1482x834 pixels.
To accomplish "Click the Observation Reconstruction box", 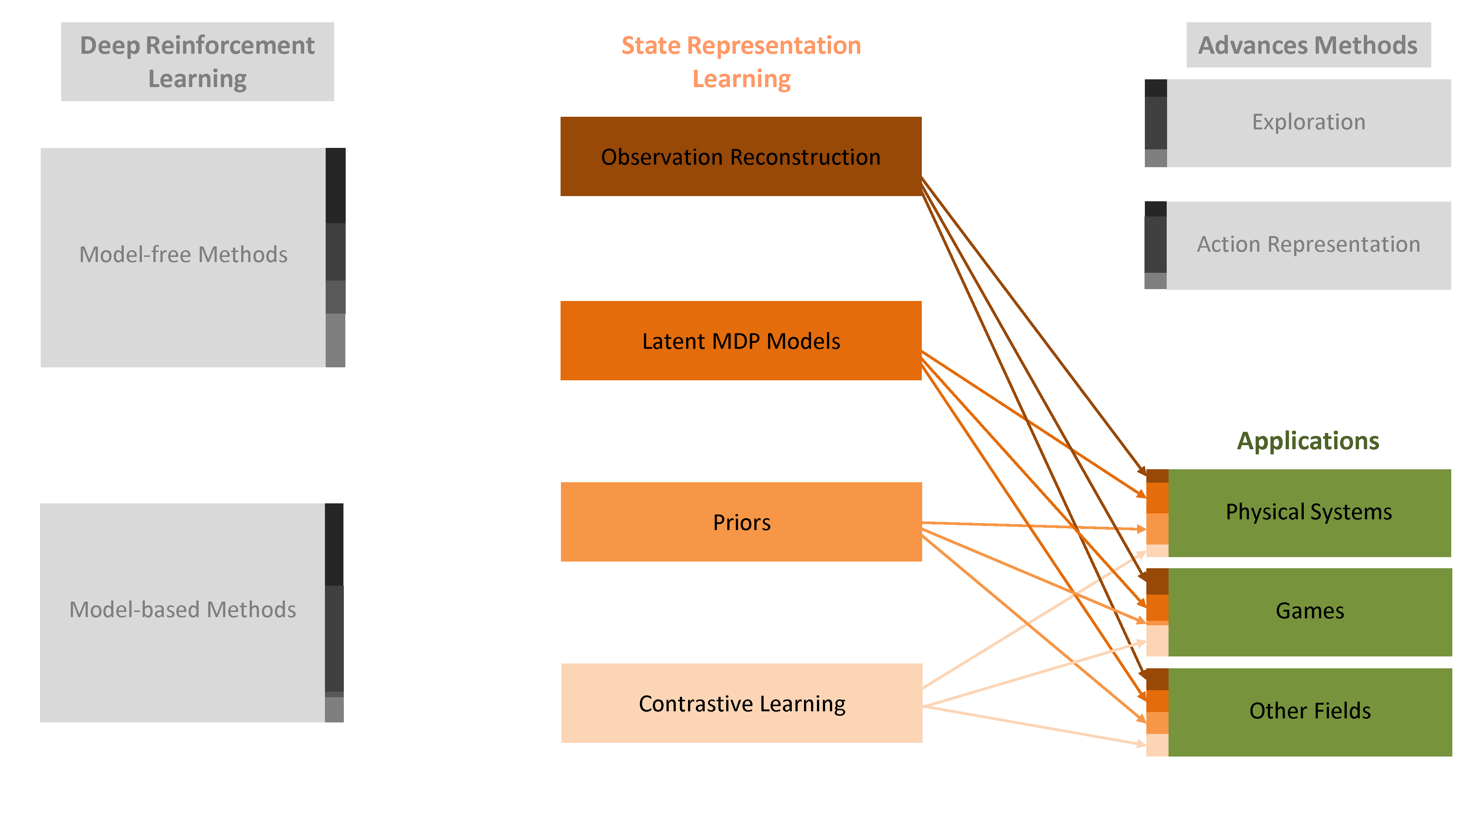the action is click(x=741, y=156).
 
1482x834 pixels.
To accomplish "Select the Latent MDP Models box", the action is click(x=741, y=341).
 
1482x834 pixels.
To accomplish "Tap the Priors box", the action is click(x=741, y=522).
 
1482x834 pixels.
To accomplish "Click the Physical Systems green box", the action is click(x=1309, y=513).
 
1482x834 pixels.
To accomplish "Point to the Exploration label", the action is click(x=1309, y=122).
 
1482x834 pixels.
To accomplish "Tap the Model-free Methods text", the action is click(x=183, y=254).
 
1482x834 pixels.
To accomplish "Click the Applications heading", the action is click(x=1308, y=441).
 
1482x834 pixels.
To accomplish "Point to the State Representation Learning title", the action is click(x=741, y=62).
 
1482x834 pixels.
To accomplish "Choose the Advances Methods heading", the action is click(x=1308, y=45).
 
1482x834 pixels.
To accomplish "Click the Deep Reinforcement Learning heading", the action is click(x=197, y=62).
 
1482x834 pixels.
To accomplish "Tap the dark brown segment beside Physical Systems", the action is click(x=1157, y=476).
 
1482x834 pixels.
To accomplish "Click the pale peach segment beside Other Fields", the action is click(x=1157, y=745).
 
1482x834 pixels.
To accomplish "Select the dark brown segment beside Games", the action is click(x=1157, y=581).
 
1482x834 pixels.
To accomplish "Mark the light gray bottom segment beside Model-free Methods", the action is click(x=335, y=341).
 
